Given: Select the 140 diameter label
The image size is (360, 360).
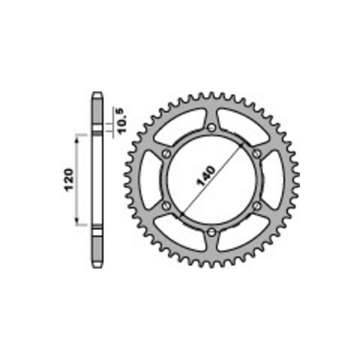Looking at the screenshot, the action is pos(206,176).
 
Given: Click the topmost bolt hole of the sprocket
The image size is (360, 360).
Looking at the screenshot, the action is pos(211,128).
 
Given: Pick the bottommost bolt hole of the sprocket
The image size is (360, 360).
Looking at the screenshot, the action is pos(211,233).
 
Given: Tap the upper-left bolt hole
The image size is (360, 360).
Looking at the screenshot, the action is pos(166,154).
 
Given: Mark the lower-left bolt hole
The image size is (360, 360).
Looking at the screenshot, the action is pos(166,206).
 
